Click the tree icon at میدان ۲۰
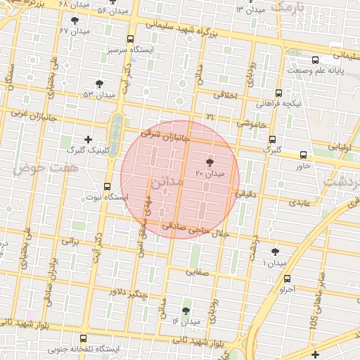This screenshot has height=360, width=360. point(209,162)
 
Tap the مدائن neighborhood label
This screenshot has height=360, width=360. point(166,182)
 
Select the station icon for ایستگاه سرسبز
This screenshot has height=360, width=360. point(130,40)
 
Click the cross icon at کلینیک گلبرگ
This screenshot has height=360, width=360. point(87,139)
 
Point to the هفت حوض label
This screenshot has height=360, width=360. point(30,167)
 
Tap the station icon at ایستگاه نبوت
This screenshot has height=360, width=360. point(107,186)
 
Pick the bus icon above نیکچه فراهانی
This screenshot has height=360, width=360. point(278,93)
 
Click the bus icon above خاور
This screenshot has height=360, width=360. point(304,155)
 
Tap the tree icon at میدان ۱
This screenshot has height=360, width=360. point(274,251)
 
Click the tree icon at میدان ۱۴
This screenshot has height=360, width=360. point(186,310)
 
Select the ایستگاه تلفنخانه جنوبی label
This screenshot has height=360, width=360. point(84,349)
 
